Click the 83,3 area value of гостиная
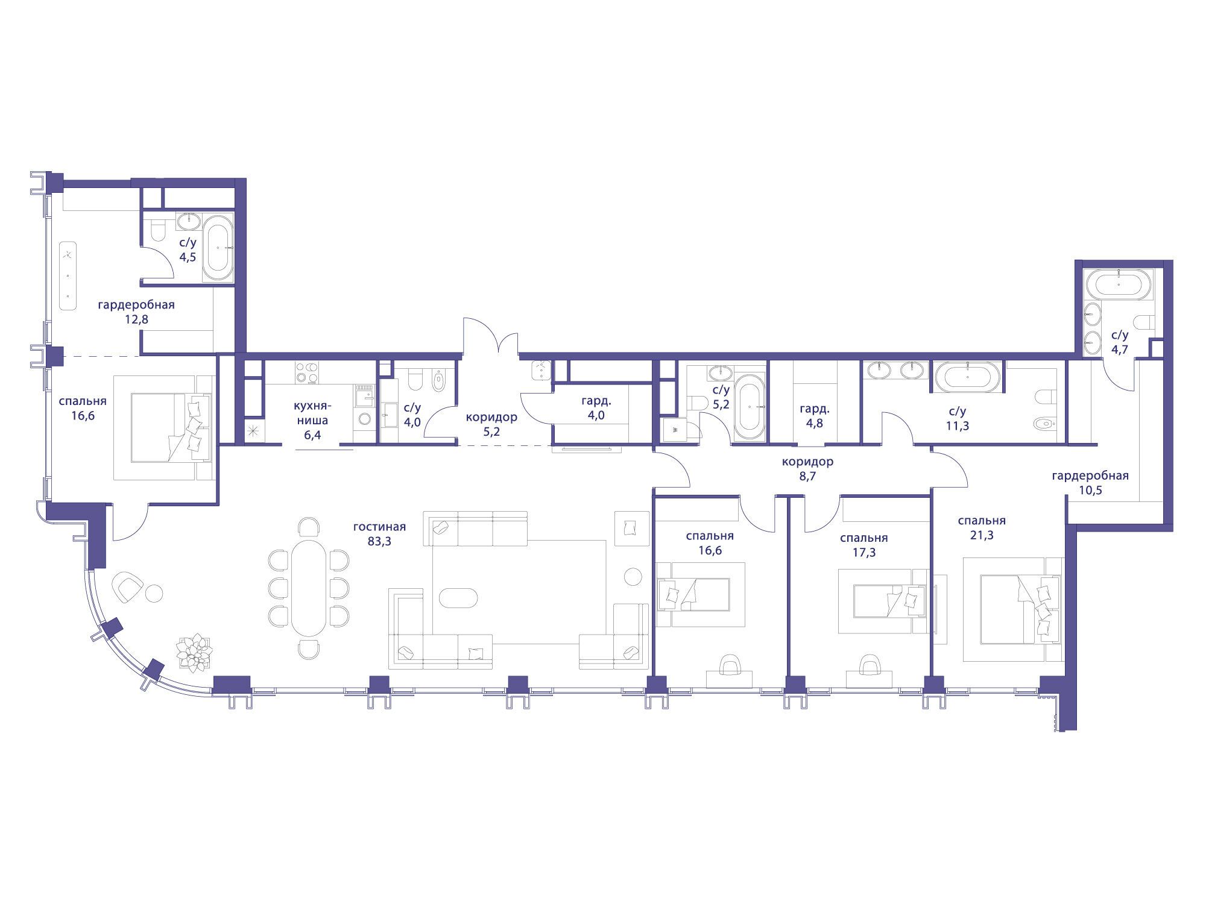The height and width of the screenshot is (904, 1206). tap(379, 541)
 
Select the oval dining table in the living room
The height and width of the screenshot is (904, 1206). tap(309, 588)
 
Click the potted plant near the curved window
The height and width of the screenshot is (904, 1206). tap(194, 653)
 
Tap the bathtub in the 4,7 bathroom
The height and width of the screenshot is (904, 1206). tap(1119, 284)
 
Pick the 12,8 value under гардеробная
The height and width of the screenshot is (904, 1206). tap(136, 319)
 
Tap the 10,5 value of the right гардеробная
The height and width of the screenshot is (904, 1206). tap(1090, 490)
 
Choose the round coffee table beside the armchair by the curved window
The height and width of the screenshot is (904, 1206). tap(154, 593)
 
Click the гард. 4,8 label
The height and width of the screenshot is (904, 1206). tap(815, 415)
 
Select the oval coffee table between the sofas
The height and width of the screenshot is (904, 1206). tap(458, 597)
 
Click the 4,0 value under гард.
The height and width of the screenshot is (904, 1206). tap(595, 415)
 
